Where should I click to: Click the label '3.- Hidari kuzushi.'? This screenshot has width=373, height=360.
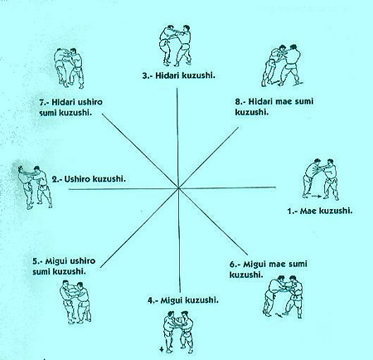178,75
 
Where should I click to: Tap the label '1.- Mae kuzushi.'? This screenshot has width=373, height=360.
320,211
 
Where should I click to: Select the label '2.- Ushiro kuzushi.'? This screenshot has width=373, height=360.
89,179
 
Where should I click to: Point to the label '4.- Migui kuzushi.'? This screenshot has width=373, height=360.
183,300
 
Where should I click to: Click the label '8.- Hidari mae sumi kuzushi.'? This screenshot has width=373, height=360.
274,107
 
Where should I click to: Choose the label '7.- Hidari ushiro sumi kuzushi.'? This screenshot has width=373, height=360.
70,108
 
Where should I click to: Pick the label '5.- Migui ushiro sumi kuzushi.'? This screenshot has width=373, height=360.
64,266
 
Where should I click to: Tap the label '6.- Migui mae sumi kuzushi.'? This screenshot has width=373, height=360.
269,270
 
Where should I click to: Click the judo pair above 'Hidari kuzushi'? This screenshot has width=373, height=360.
175,46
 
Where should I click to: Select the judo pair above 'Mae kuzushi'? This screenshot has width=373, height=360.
320,179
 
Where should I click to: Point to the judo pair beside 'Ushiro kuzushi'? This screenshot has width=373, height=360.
35,187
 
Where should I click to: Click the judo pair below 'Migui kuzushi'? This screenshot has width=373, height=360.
178,332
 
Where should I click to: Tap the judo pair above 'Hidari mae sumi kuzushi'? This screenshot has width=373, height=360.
281,65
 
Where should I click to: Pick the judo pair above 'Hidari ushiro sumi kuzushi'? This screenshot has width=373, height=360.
69,68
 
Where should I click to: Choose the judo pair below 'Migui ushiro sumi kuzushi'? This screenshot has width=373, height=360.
75,302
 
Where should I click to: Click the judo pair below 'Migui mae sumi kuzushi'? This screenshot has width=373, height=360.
283,297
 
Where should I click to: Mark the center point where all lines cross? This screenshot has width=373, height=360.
178,188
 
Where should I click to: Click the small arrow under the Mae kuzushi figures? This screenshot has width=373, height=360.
317,196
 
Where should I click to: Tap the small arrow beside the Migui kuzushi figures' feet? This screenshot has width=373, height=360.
162,350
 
